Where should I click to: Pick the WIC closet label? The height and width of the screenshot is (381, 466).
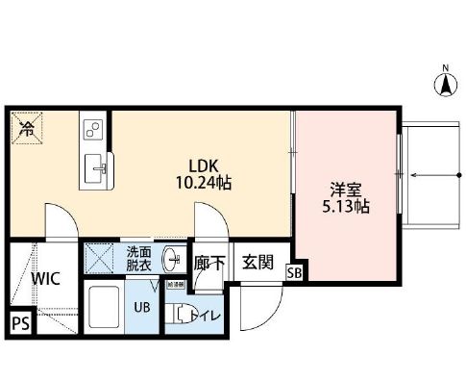(x=45, y=280)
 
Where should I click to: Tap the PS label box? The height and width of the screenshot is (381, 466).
(x=19, y=324)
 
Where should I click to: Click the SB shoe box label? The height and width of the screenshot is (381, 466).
(x=294, y=273)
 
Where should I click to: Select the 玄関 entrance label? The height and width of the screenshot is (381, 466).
(x=257, y=262)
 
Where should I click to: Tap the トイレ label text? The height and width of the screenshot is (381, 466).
(x=199, y=314)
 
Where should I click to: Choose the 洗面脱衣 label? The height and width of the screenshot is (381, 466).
(x=139, y=260)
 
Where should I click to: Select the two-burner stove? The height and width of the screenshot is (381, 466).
(x=93, y=129)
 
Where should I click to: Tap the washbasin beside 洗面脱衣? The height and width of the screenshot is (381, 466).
(x=173, y=259)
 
